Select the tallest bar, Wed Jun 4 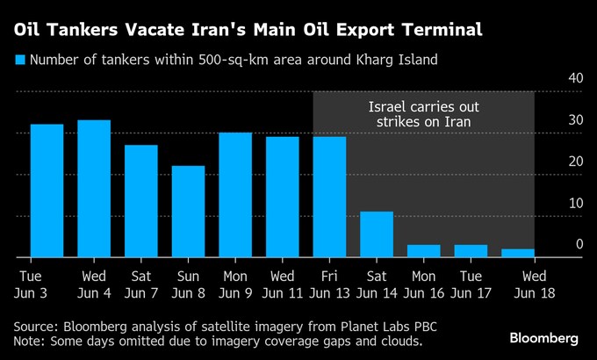[94, 189]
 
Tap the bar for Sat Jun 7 [140, 201]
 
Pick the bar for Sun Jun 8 [188, 212]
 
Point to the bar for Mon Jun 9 [235, 195]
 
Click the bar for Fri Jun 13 [329, 198]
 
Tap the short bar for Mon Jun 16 [424, 251]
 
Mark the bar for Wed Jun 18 [518, 253]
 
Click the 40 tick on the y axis [576, 78]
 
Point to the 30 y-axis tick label [576, 119]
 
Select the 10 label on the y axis [576, 203]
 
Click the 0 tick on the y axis [579, 244]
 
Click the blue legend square [19, 60]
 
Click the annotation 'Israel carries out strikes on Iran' [423, 115]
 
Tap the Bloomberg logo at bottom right [544, 338]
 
